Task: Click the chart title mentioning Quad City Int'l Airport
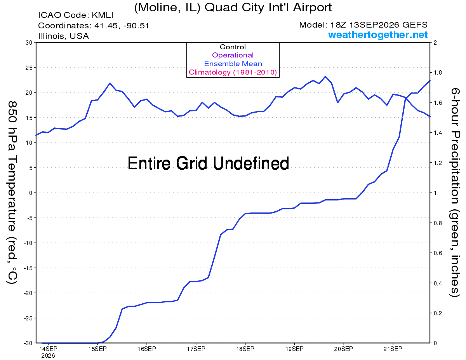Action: click(233, 8)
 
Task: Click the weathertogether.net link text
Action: click(378, 35)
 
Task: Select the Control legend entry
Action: click(233, 47)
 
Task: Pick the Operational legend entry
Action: click(233, 55)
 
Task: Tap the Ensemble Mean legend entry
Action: click(233, 64)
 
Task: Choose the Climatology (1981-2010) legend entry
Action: click(233, 72)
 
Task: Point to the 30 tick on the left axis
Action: click(29, 43)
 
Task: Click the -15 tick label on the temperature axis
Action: click(28, 268)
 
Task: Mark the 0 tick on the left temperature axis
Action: click(30, 193)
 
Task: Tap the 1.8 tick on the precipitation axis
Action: click(438, 73)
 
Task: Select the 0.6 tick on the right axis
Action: click(438, 253)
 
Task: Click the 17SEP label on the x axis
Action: click(196, 349)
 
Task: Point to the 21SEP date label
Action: click(393, 349)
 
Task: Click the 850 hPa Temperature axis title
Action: click(12, 193)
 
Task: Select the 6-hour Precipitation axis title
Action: click(455, 193)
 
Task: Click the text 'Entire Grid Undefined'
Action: click(208, 163)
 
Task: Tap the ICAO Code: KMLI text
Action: click(76, 15)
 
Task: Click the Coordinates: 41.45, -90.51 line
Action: click(94, 26)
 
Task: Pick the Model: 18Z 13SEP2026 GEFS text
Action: click(363, 25)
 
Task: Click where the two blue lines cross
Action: click(405, 98)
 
